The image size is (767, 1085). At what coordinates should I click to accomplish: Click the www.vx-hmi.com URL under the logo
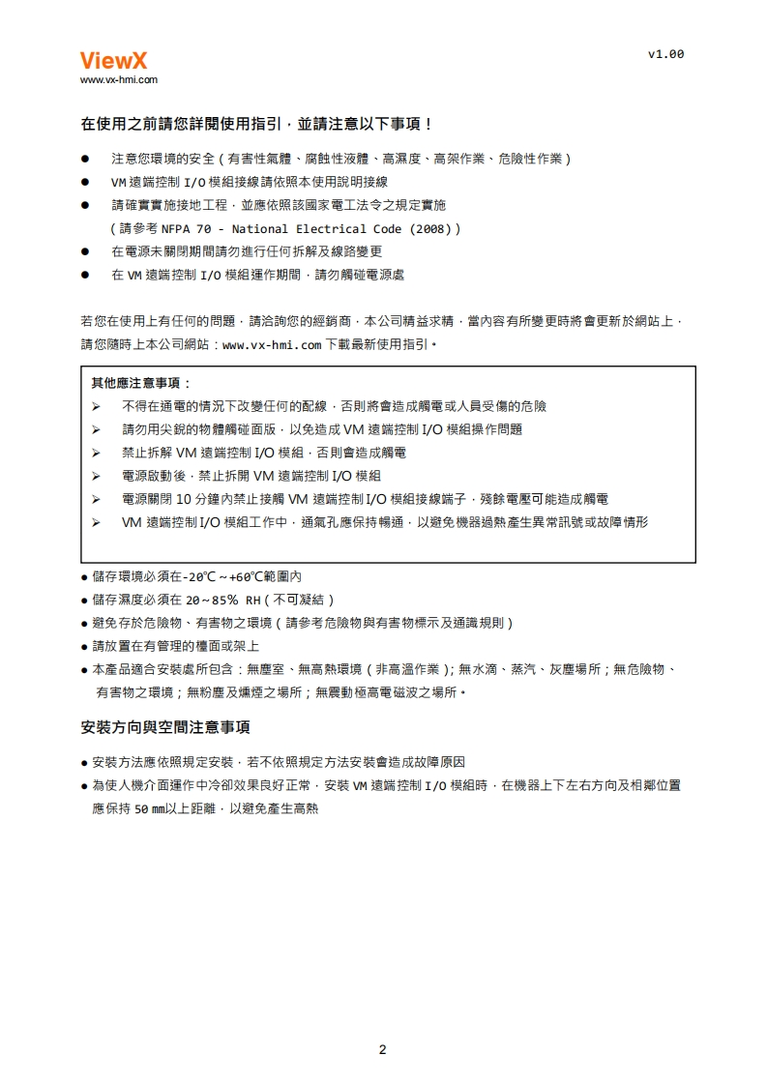118,80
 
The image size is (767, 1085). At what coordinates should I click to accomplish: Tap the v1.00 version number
665,54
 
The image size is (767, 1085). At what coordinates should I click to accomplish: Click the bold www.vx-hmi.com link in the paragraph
272,344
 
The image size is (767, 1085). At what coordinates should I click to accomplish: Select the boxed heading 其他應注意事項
141,383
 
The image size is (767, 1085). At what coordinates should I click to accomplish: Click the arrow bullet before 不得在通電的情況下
97,406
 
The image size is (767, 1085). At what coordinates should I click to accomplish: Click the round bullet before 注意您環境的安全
86,158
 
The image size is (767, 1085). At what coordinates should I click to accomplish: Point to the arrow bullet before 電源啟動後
97,476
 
